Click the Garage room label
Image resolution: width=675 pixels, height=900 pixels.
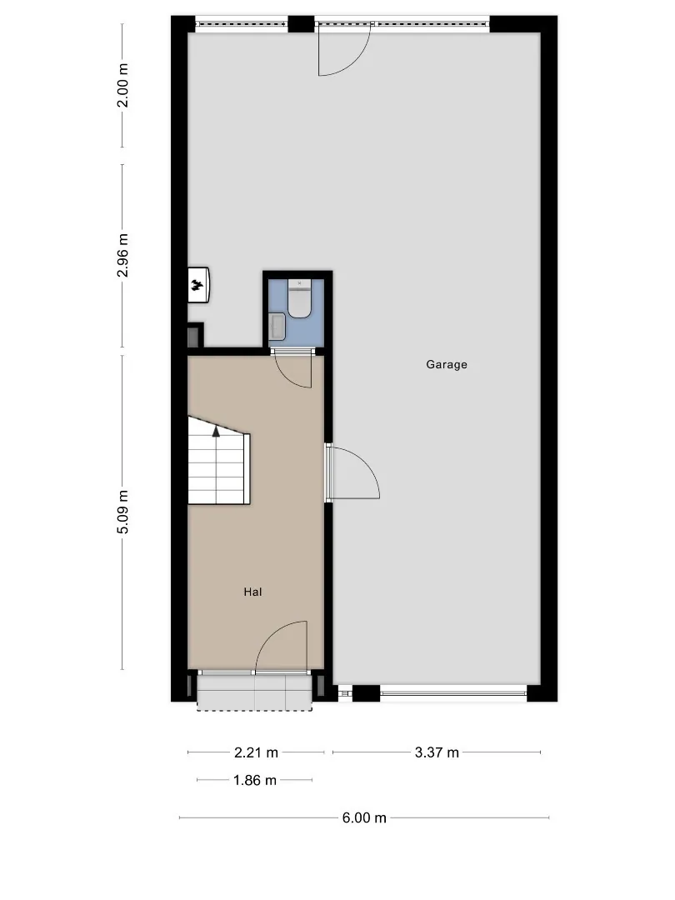point(446,364)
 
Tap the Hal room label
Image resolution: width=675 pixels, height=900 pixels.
point(252,592)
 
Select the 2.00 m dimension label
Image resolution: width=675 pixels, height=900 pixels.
point(122,86)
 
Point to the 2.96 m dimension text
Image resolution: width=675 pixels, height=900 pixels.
point(122,256)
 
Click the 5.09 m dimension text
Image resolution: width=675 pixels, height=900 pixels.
point(122,512)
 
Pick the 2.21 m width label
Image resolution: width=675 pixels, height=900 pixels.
point(256,752)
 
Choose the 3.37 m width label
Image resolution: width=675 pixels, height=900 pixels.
point(437,752)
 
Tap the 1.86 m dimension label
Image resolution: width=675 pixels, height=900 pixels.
point(255,780)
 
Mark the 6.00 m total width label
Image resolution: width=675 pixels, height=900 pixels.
point(364,818)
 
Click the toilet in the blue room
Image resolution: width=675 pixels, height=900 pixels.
point(299,298)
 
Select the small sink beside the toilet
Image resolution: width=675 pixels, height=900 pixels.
point(277,327)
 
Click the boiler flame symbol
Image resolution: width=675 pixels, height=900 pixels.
point(198,284)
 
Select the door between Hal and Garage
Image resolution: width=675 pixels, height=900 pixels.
point(353,473)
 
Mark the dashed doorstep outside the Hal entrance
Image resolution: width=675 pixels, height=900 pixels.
point(255,692)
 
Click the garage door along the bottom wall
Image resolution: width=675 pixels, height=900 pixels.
point(453,693)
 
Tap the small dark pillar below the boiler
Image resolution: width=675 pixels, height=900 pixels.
point(195,335)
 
